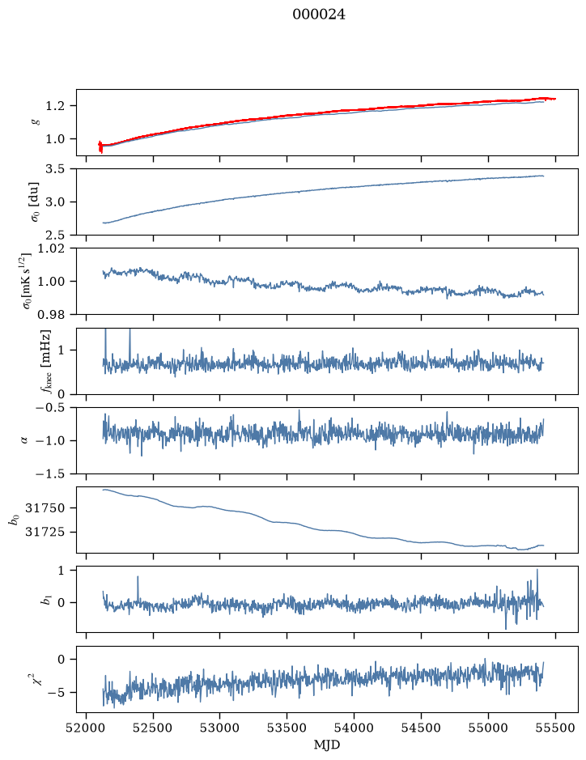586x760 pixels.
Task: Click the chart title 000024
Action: tap(318, 15)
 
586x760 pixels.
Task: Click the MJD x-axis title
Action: tap(327, 745)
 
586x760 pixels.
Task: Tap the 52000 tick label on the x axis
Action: tap(87, 728)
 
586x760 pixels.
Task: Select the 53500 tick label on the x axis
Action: tap(287, 728)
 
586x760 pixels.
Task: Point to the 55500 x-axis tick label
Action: tap(555, 728)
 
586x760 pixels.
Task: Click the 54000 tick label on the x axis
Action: tap(354, 728)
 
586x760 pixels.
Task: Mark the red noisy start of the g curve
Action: tap(100, 146)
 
